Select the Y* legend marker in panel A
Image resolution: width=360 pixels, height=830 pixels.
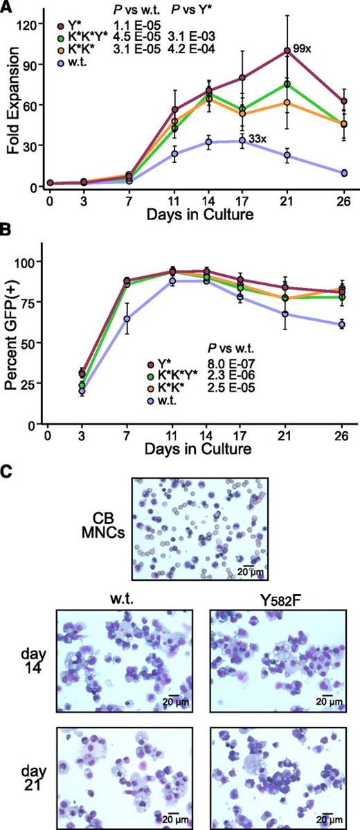[60, 25]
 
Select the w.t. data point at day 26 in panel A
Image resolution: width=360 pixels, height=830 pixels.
[344, 173]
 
